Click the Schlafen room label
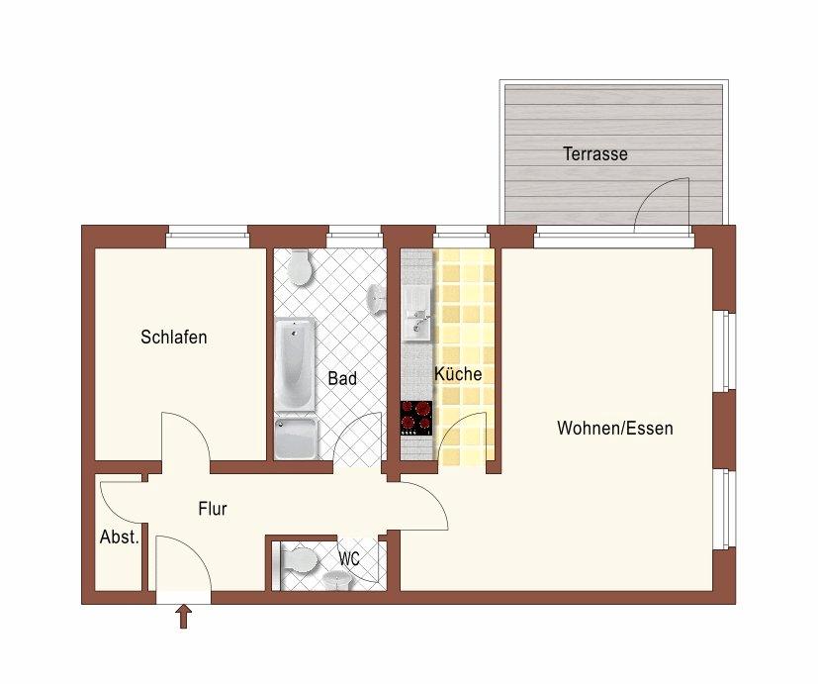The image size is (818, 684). pyautogui.click(x=174, y=338)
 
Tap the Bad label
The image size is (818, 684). pyautogui.click(x=342, y=378)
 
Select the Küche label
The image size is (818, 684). pyautogui.click(x=458, y=374)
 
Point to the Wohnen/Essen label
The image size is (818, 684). pyautogui.click(x=614, y=429)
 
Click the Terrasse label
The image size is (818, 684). pyautogui.click(x=595, y=154)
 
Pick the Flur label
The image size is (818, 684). pyautogui.click(x=213, y=510)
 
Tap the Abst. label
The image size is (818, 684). pyautogui.click(x=120, y=537)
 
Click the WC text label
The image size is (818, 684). pyautogui.click(x=349, y=558)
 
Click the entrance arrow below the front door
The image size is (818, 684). pyautogui.click(x=183, y=618)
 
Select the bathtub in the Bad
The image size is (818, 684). pyautogui.click(x=296, y=363)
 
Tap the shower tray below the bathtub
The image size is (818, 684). pyautogui.click(x=296, y=439)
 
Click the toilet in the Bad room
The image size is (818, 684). pyautogui.click(x=299, y=266)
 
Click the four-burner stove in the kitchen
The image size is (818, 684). pyautogui.click(x=416, y=417)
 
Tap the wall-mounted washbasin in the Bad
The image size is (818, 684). pyautogui.click(x=376, y=297)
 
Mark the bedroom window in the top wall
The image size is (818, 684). pyautogui.click(x=207, y=236)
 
